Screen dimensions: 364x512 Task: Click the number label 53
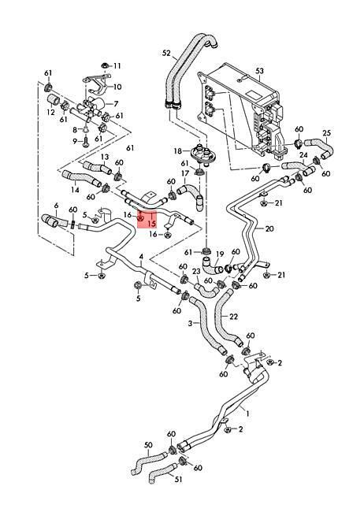pyautogui.click(x=260, y=71)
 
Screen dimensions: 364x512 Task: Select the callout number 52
pyautogui.click(x=167, y=53)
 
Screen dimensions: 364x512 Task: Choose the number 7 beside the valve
pyautogui.click(x=117, y=104)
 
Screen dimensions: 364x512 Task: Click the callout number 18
pyautogui.click(x=178, y=151)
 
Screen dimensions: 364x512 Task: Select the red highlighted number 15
pyautogui.click(x=151, y=224)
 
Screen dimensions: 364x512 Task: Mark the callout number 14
pyautogui.click(x=75, y=189)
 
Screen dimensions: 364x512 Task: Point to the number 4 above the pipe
pyautogui.click(x=141, y=257)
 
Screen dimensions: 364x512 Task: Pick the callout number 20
pyautogui.click(x=269, y=228)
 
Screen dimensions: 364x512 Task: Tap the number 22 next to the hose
pyautogui.click(x=234, y=317)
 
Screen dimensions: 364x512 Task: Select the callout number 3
pyautogui.click(x=191, y=323)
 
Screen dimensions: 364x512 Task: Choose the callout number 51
pyautogui.click(x=178, y=480)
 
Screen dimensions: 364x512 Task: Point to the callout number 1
pyautogui.click(x=247, y=414)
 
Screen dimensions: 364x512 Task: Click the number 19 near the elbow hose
pyautogui.click(x=220, y=254)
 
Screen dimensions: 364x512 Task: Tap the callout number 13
pyautogui.click(x=105, y=158)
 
